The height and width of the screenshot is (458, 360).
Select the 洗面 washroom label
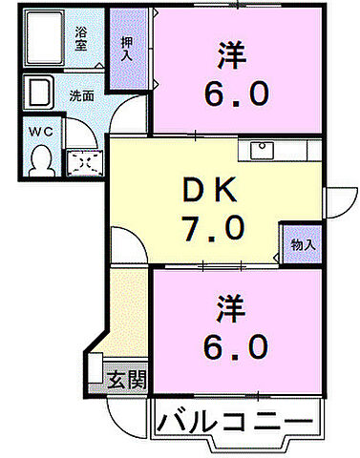pyautogui.click(x=80, y=95)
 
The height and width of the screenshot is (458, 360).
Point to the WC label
pyautogui.click(x=39, y=130)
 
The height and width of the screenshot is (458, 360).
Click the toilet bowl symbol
pyautogui.click(x=40, y=162)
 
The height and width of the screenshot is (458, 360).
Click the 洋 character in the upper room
pyautogui.click(x=233, y=54)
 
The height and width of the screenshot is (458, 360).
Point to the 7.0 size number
pyautogui.click(x=211, y=229)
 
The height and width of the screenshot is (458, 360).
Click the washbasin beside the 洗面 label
pyautogui.click(x=40, y=94)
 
